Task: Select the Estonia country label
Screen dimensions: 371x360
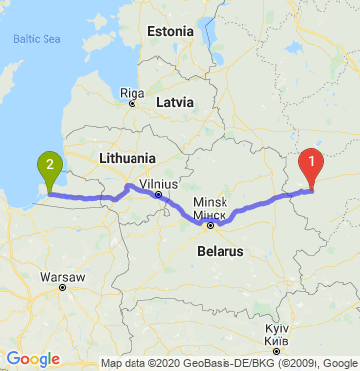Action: point(170,31)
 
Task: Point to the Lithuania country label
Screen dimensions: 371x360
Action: point(128,158)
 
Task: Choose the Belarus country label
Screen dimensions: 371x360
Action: point(215,252)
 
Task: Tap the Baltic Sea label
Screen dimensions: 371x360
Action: point(38,40)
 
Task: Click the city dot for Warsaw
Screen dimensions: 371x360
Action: point(61,288)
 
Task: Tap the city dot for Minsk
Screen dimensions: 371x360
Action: point(210,224)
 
